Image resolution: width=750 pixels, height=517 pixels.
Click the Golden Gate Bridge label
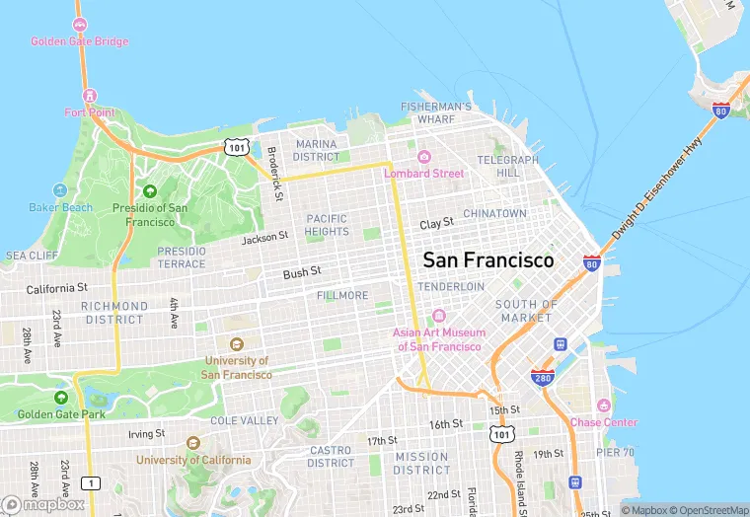pyautogui.click(x=79, y=41)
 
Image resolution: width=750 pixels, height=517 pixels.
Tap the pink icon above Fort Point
pyautogui.click(x=90, y=96)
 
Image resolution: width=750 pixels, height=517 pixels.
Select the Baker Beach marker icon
pyautogui.click(x=60, y=190)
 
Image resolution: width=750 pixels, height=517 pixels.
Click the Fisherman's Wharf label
pyautogui.click(x=435, y=112)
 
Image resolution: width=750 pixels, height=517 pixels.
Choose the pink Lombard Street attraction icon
pyautogui.click(x=423, y=157)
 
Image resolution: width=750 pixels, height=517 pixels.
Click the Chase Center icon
pyautogui.click(x=603, y=406)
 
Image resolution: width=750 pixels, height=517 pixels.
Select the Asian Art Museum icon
pyautogui.click(x=439, y=317)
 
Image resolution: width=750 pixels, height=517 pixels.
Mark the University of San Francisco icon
pyautogui.click(x=236, y=344)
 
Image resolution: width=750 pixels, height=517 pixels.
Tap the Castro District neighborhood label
pyautogui.click(x=331, y=457)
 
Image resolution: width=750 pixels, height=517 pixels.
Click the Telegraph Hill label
pyautogui.click(x=508, y=166)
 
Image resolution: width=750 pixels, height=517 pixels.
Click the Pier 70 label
pyautogui.click(x=614, y=452)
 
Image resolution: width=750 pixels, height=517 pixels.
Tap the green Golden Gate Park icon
pyautogui.click(x=61, y=398)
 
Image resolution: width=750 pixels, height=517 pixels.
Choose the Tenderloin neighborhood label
pyautogui.click(x=451, y=286)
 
